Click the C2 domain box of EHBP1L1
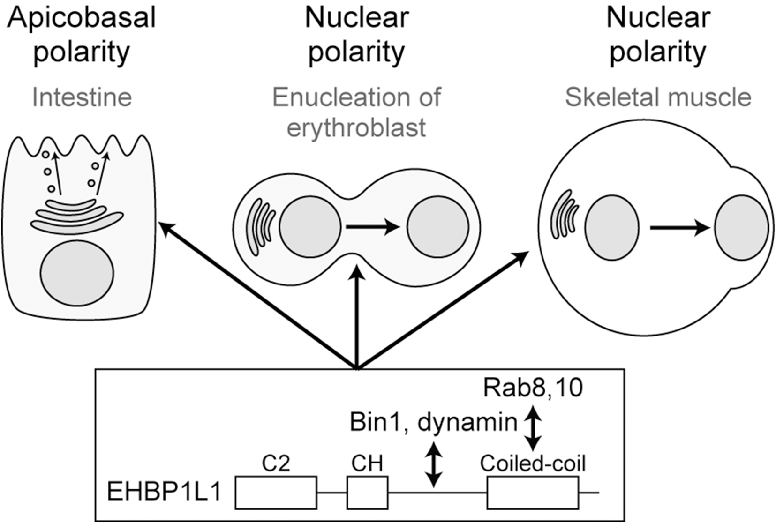click(x=276, y=492)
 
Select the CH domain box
click(x=367, y=492)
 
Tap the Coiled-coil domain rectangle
click(x=532, y=492)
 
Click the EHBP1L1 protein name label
click(x=164, y=493)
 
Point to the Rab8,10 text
click(x=533, y=389)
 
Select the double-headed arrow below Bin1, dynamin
click(x=434, y=464)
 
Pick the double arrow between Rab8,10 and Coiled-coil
click(x=533, y=428)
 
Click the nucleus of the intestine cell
click(x=77, y=273)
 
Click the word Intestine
click(x=82, y=97)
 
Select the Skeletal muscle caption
click(x=658, y=97)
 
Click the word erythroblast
click(x=356, y=127)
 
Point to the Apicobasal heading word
click(x=81, y=18)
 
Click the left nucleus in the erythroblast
click(x=310, y=226)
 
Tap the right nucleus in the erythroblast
click(x=438, y=226)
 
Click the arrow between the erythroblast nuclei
click(x=373, y=228)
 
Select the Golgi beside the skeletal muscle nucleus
click(x=565, y=214)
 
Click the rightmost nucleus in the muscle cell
click(x=741, y=228)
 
